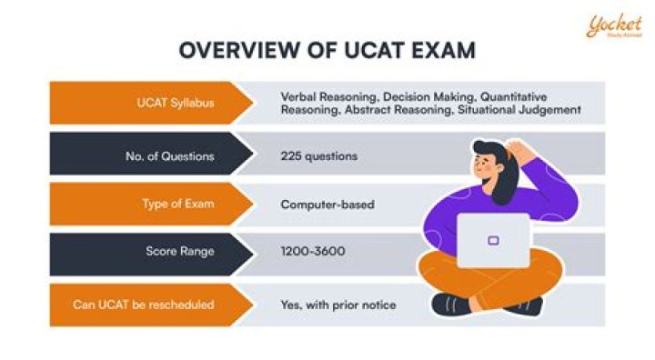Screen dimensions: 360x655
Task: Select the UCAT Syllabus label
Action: pos(183,103)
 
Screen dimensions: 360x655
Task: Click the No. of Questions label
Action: pos(170,155)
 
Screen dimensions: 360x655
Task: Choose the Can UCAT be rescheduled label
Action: pos(144,305)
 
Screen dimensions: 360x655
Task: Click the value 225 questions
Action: pos(319,155)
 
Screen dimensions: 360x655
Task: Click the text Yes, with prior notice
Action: pos(338,305)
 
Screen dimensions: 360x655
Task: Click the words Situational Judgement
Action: pos(528,109)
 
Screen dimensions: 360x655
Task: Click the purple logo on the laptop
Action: pos(493,241)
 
